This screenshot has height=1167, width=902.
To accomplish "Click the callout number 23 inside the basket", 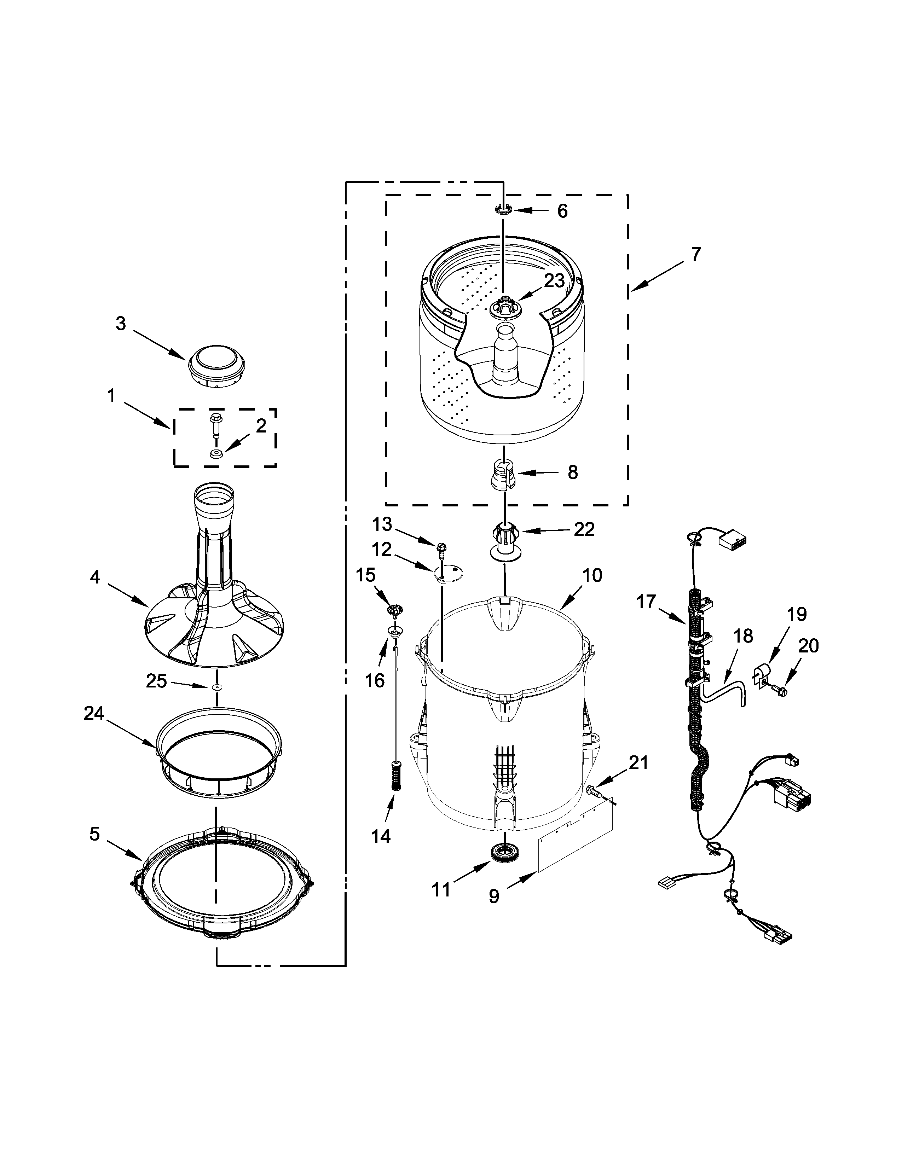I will coord(554,281).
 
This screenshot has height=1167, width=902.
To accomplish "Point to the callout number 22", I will coord(584,529).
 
